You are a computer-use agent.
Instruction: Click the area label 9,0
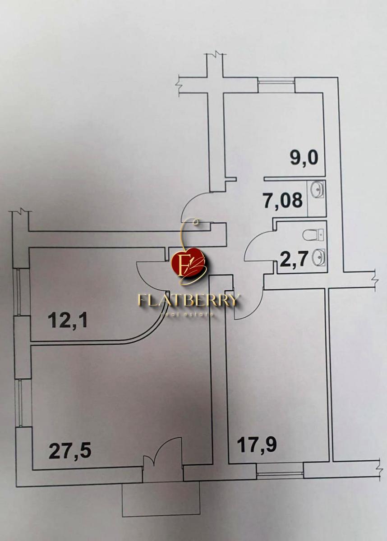tap(304, 158)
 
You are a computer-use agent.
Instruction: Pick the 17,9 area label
tap(257, 445)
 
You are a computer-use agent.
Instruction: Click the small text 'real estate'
tap(187, 314)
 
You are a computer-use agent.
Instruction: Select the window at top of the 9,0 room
tap(276, 85)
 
